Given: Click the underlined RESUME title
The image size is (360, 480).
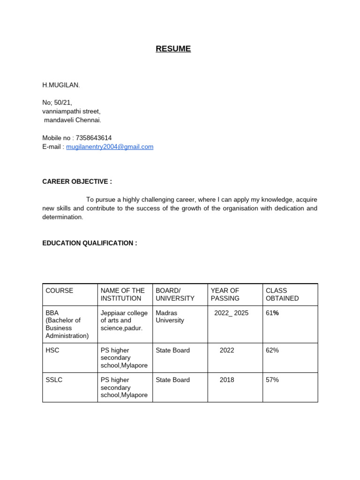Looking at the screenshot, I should (173, 49).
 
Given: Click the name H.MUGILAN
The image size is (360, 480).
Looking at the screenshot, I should (61, 85).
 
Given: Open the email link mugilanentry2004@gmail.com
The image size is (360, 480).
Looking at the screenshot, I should (110, 147).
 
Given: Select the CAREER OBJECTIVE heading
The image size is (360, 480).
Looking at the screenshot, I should (77, 181).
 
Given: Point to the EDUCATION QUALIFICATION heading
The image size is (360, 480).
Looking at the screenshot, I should (90, 243).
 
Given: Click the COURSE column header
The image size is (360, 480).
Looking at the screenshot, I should (60, 291).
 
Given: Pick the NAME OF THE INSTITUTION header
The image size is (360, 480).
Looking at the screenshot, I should (123, 294).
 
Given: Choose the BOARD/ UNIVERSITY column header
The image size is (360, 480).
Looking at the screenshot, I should (175, 294).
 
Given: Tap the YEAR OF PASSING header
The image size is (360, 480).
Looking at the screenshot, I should (225, 294).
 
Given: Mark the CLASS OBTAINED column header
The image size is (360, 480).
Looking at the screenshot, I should (282, 294).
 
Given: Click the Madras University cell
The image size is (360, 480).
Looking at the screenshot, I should (170, 316).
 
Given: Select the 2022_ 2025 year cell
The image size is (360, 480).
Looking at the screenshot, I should (232, 313).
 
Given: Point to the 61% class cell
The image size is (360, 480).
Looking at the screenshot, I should (272, 313).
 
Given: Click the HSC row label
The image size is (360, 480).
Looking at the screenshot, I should (52, 350).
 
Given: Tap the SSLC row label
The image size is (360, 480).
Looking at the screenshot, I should (54, 380).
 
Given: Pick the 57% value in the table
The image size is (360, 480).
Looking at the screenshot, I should (272, 380).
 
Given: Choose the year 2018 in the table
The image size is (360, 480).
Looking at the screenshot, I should (227, 380).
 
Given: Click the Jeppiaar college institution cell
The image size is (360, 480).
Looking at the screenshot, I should (124, 320).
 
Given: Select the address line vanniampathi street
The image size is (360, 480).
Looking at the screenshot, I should (71, 111).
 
